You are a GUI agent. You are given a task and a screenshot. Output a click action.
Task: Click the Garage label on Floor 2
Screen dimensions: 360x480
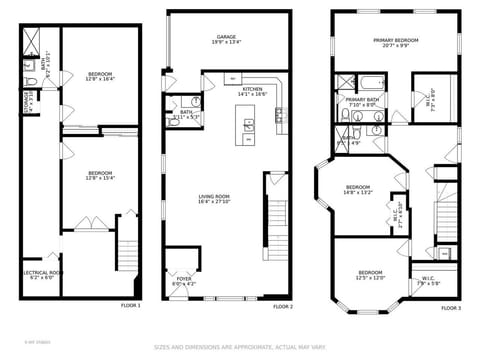tap(225, 39)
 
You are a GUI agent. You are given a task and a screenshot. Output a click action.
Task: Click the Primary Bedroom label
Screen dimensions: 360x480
tap(395, 42)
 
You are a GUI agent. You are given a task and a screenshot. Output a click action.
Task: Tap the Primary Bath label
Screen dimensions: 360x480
tap(361, 102)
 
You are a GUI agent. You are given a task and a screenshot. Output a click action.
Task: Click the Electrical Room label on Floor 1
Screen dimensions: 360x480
tap(42, 275)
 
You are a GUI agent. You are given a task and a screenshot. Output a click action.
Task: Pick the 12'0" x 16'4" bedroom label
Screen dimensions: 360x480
tap(100, 76)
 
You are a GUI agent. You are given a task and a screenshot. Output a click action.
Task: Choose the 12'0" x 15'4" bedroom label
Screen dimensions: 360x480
tap(100, 177)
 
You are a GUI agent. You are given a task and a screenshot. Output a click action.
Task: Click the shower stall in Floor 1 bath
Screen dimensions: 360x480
tap(34, 40)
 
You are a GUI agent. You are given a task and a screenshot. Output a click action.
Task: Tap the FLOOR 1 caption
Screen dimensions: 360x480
tap(131, 305)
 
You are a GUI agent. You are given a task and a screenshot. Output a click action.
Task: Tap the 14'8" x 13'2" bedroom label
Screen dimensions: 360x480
tap(359, 190)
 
